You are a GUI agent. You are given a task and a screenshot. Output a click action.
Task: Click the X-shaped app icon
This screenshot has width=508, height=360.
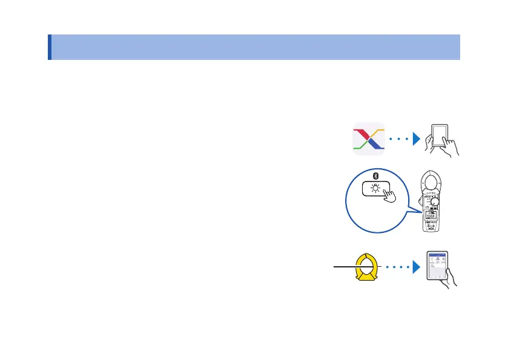pyautogui.click(x=369, y=139)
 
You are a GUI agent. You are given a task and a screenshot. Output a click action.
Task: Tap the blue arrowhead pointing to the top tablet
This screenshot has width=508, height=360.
pyautogui.click(x=417, y=139)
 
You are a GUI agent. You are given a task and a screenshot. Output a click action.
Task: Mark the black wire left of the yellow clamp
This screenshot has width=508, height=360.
pyautogui.click(x=342, y=265)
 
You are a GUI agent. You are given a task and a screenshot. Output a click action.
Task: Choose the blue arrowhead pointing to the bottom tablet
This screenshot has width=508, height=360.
pyautogui.click(x=417, y=265)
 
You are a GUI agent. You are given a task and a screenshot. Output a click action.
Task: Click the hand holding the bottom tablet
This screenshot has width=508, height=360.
pyautogui.click(x=450, y=281)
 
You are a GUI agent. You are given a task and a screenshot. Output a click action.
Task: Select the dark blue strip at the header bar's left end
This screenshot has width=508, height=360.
pyautogui.click(x=49, y=47)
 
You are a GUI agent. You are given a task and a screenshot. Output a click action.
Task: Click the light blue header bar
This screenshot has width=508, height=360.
pyautogui.click(x=254, y=47)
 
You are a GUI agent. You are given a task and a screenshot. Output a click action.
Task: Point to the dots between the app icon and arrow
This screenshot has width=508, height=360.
pyautogui.click(x=399, y=139)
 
